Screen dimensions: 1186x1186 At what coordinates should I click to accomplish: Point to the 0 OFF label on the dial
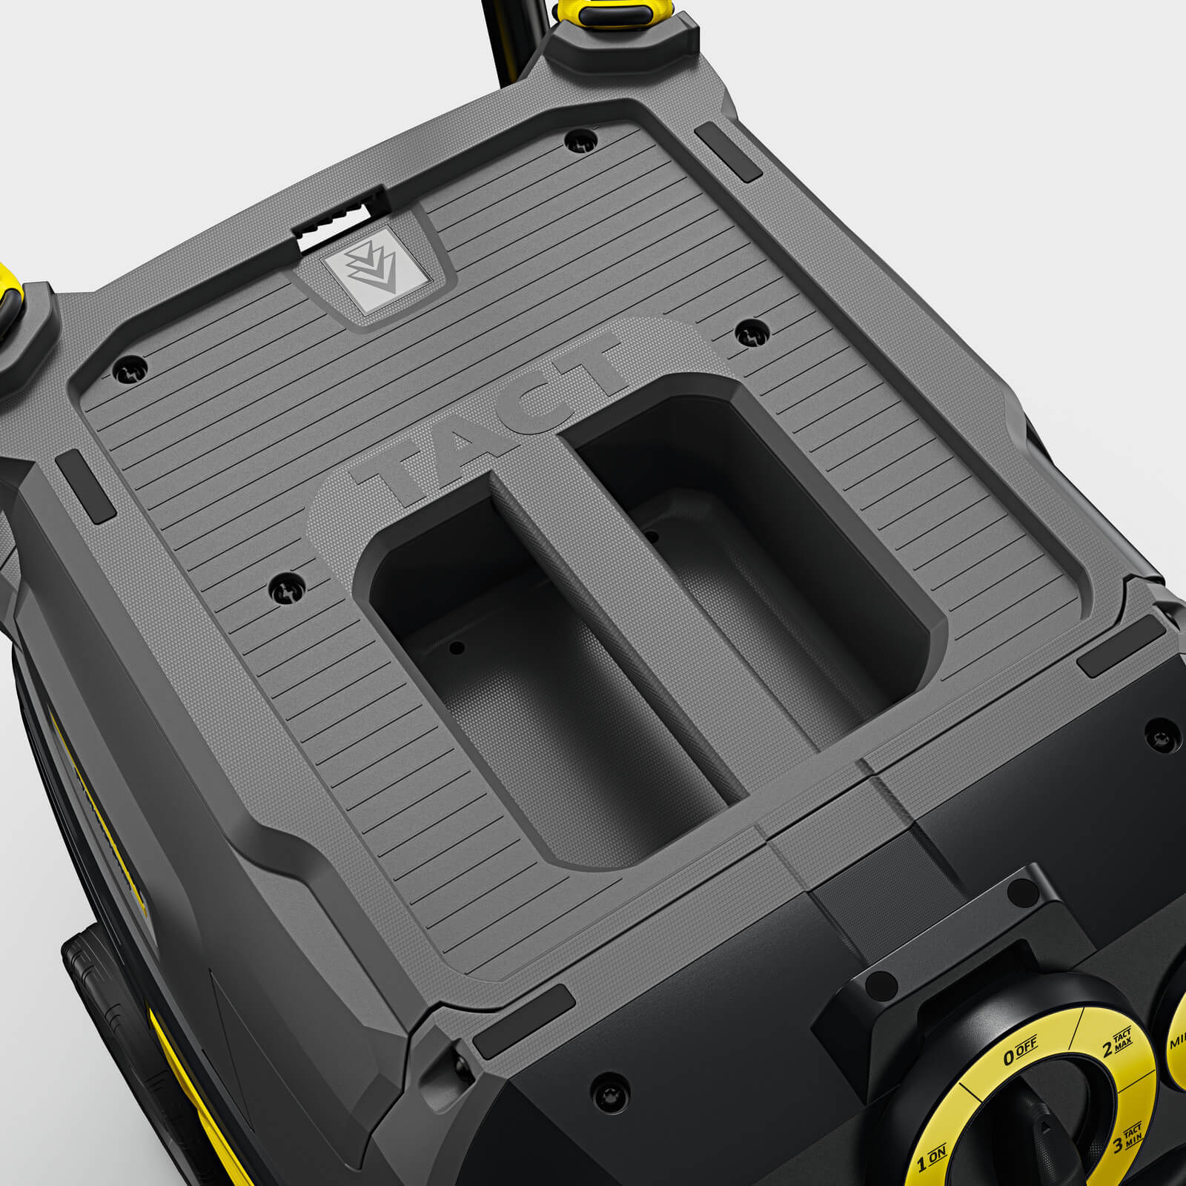[1021, 1053]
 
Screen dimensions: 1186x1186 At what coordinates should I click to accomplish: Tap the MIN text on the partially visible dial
[1177, 1041]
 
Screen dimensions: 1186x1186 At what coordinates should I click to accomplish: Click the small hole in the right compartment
[652, 534]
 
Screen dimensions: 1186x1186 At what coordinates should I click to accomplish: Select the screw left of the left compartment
[284, 588]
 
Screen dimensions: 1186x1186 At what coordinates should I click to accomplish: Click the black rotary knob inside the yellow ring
[1038, 1134]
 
